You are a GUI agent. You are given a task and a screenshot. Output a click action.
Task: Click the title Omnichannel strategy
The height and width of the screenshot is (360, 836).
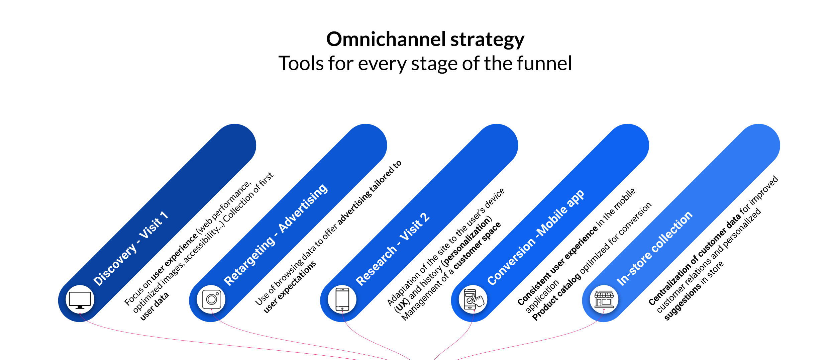[425, 39]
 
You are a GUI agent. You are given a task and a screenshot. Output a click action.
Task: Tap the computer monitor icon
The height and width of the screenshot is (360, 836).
[80, 300]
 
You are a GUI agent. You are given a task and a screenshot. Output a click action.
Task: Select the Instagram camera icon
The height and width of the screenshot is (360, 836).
[211, 299]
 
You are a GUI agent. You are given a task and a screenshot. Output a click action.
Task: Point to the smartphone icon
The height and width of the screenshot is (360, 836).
[342, 299]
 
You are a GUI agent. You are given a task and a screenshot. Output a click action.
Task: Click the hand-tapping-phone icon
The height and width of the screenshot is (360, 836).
[473, 299]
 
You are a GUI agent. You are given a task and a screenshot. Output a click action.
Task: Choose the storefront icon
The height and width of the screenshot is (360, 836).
[604, 299]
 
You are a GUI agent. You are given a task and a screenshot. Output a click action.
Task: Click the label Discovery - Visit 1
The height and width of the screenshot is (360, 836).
[130, 249]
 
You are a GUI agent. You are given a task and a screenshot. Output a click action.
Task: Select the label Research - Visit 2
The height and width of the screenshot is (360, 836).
[393, 249]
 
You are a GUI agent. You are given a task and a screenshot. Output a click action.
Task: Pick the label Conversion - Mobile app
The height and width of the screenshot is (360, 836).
[535, 238]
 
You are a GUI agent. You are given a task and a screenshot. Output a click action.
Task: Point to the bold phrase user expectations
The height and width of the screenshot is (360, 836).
[290, 287]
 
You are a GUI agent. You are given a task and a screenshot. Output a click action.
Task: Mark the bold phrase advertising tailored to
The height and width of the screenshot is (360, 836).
[369, 193]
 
